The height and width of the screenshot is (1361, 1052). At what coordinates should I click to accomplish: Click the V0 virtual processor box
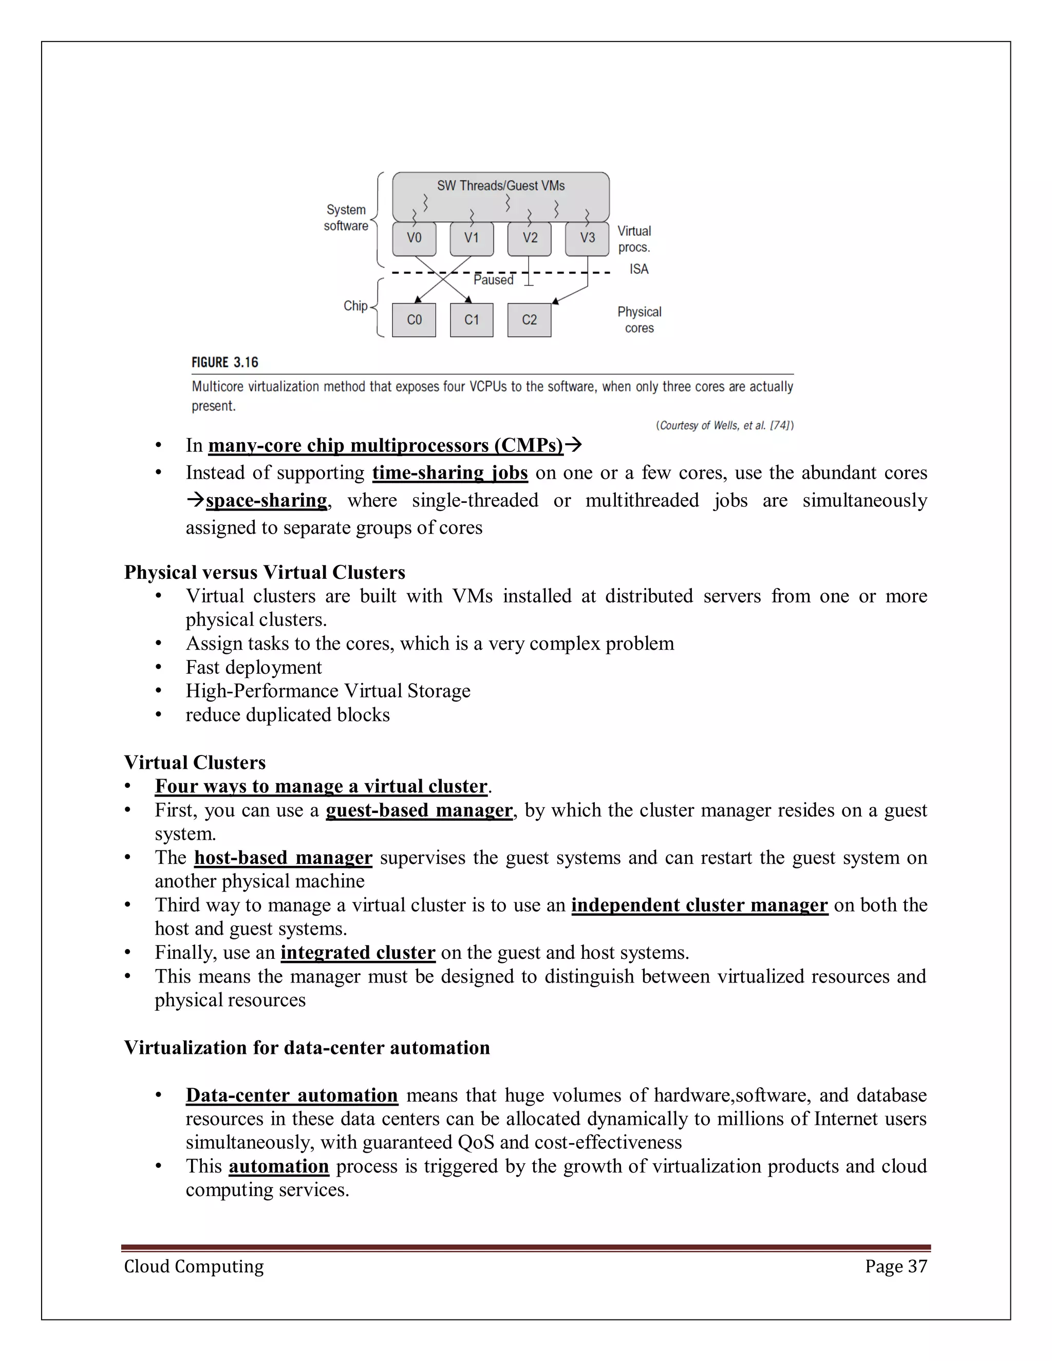pyautogui.click(x=414, y=239)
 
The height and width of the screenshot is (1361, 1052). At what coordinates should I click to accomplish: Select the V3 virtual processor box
pyautogui.click(x=587, y=239)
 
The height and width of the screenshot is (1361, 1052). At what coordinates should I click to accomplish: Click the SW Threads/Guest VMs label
pyautogui.click(x=500, y=186)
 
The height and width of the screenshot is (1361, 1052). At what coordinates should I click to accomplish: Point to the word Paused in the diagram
pyautogui.click(x=493, y=280)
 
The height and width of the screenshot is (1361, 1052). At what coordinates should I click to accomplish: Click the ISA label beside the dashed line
pyautogui.click(x=639, y=269)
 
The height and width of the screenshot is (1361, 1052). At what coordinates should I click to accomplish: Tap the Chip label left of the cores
pyautogui.click(x=355, y=306)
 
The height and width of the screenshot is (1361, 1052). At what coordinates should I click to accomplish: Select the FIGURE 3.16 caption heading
pyautogui.click(x=224, y=363)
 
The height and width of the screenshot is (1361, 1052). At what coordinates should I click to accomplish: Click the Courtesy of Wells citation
pyautogui.click(x=724, y=426)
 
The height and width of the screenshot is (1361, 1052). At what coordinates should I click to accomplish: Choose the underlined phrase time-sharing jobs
pyautogui.click(x=450, y=473)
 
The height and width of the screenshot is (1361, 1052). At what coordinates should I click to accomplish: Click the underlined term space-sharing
pyautogui.click(x=266, y=500)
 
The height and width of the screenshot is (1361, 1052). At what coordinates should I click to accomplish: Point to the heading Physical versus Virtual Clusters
pyautogui.click(x=264, y=572)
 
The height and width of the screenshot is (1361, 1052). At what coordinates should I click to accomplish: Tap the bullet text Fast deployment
pyautogui.click(x=254, y=668)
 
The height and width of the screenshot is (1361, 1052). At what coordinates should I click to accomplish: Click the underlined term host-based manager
pyautogui.click(x=283, y=858)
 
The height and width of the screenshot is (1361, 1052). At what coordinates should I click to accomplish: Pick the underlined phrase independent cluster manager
pyautogui.click(x=699, y=905)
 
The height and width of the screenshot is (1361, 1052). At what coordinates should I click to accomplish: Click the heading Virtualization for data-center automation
pyautogui.click(x=307, y=1048)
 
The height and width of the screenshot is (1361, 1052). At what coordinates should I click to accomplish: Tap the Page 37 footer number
pyautogui.click(x=895, y=1267)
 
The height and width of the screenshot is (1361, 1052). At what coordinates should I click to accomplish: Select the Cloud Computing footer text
pyautogui.click(x=194, y=1267)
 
